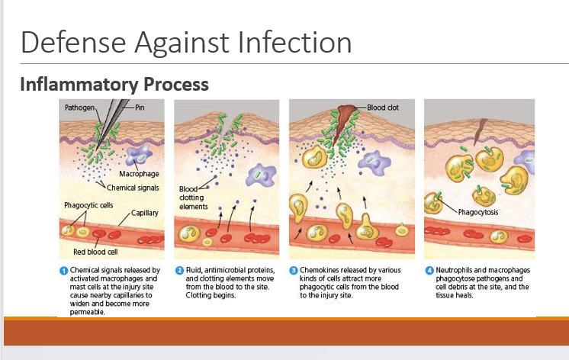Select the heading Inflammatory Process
tap(114, 84)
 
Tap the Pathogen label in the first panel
tap(79, 108)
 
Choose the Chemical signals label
tap(133, 187)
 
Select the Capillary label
tap(145, 213)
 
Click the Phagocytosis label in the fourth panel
tap(479, 211)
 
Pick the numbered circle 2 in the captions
tap(179, 271)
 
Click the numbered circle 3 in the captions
tap(294, 271)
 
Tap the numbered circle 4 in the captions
tap(429, 271)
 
